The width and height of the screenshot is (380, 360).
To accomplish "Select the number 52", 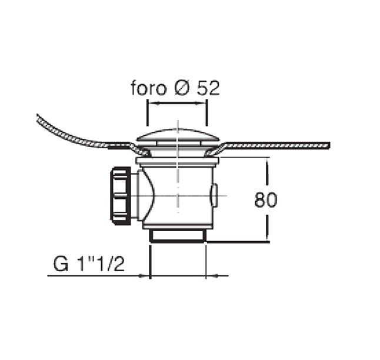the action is (x=208, y=88).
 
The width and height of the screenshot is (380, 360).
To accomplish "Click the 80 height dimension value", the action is (x=266, y=200).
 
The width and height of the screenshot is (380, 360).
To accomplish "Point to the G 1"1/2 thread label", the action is (x=89, y=264).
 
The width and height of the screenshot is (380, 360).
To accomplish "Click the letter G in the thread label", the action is (x=61, y=264).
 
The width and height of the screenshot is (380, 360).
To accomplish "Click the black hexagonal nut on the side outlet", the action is (x=120, y=196).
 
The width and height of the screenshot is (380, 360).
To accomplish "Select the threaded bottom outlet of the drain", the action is (x=178, y=235).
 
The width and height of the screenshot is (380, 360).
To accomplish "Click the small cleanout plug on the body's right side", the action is (x=214, y=195).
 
